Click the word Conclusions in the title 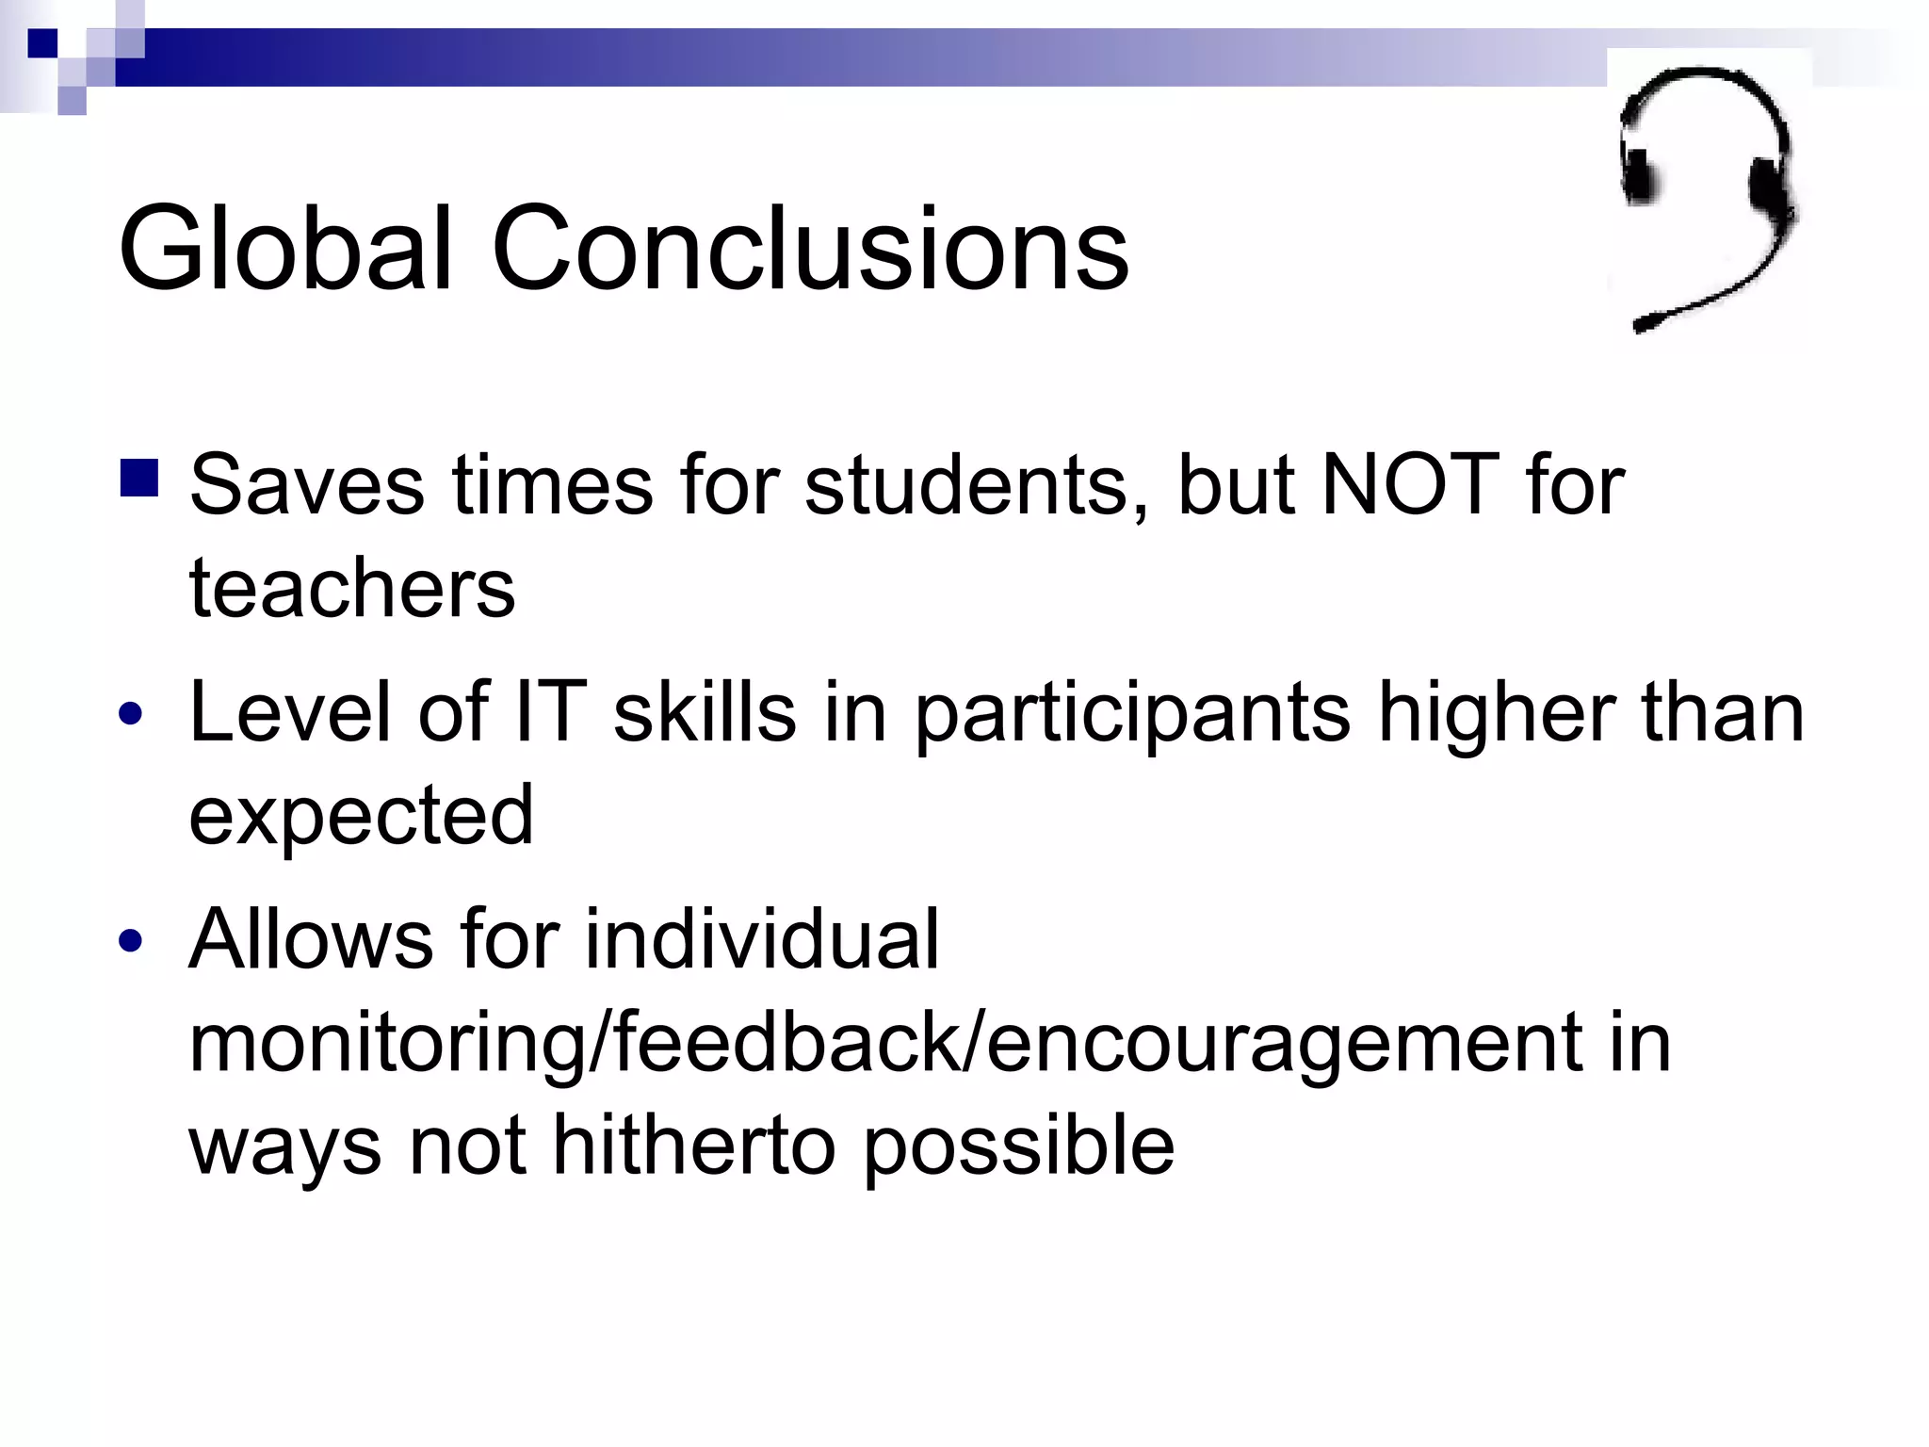[x=810, y=249]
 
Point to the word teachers [x=352, y=588]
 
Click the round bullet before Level [x=131, y=714]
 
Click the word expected [x=361, y=816]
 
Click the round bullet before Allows [x=131, y=940]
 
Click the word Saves [x=307, y=484]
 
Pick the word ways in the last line [x=284, y=1146]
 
